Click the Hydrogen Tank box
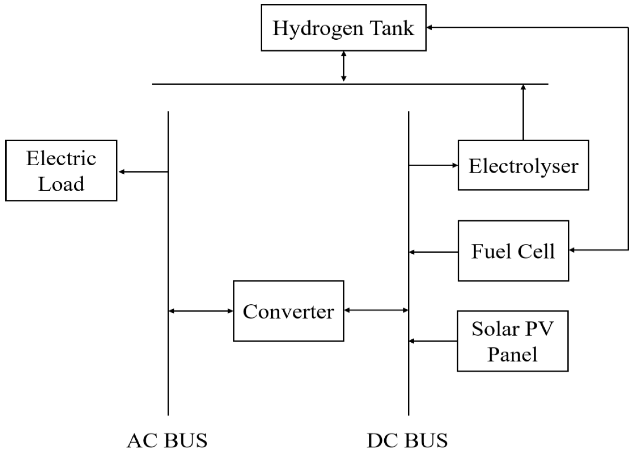click(x=343, y=27)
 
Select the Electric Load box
click(x=61, y=170)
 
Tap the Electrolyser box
click(x=523, y=166)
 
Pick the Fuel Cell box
click(x=513, y=251)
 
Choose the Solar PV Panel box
click(x=512, y=341)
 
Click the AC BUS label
click(x=167, y=441)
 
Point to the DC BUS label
click(x=407, y=441)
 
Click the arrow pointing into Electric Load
click(x=143, y=172)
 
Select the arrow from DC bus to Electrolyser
click(x=433, y=166)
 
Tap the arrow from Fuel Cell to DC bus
click(x=433, y=252)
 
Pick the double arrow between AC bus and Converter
click(x=201, y=311)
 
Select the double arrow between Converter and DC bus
click(x=376, y=310)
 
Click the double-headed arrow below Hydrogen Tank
click(x=344, y=67)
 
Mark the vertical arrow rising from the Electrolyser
click(x=523, y=112)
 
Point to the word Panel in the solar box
click(x=512, y=354)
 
